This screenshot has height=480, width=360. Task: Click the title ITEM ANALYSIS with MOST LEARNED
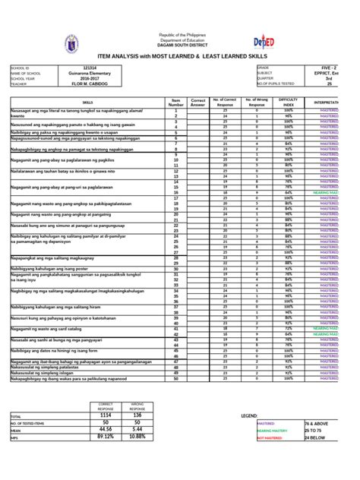click(x=180, y=57)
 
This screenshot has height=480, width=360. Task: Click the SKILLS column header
click(x=88, y=101)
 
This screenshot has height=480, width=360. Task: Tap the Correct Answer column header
click(x=199, y=101)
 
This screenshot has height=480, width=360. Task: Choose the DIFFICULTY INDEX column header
click(x=289, y=101)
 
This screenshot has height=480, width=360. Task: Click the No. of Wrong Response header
click(x=257, y=101)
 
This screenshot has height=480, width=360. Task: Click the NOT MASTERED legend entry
click(x=270, y=437)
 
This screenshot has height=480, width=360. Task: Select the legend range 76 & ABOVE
click(x=314, y=423)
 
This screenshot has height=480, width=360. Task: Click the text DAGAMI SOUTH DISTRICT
click(x=180, y=48)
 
